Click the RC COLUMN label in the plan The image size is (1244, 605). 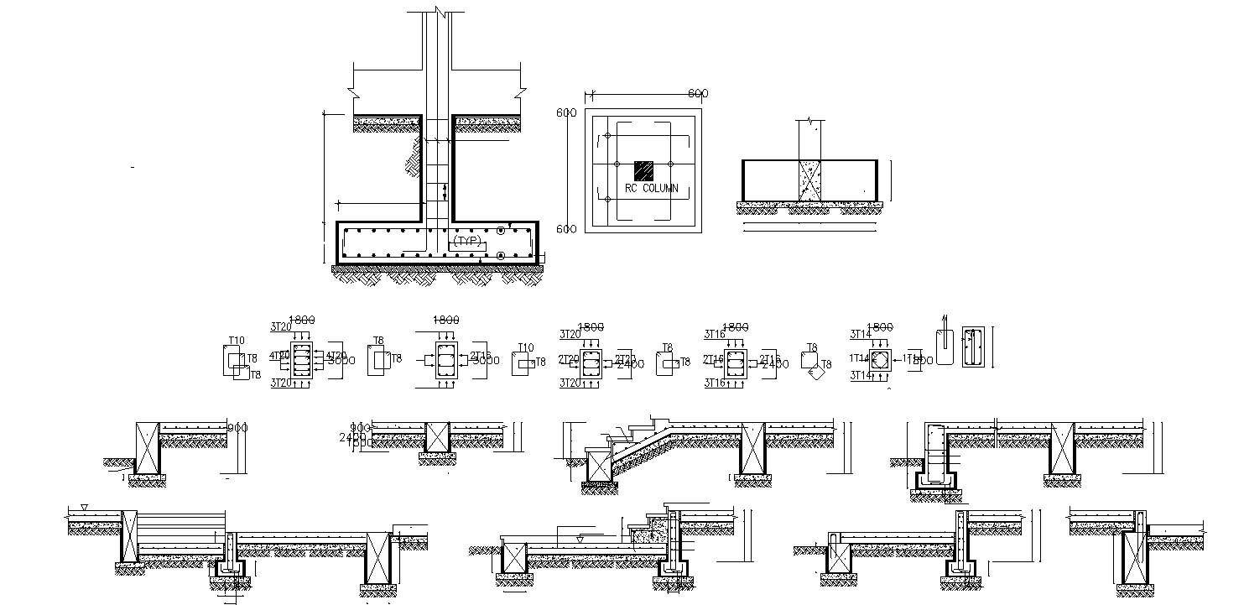coord(651,189)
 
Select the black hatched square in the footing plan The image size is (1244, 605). coord(643,170)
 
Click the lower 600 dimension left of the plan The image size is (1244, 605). coord(567,229)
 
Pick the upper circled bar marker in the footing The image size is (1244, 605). coord(501,230)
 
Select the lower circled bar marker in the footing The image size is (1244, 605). coord(501,255)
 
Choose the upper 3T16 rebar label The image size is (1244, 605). coord(714,334)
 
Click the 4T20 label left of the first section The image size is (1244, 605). coord(279,355)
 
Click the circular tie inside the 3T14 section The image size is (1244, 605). coord(880,360)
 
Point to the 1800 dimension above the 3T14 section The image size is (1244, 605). coord(880,326)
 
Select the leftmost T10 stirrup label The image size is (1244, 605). coord(237,341)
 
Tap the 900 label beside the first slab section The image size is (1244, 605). coord(238,428)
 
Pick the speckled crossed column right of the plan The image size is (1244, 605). coord(809,180)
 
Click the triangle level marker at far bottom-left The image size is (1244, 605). coord(84,509)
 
